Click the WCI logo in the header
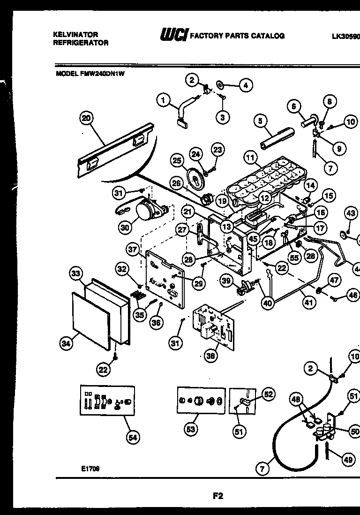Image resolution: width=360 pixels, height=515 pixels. (x=173, y=35)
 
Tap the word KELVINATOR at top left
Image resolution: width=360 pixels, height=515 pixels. (x=75, y=35)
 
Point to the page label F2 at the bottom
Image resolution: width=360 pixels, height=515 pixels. (x=217, y=495)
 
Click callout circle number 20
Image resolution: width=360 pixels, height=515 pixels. (x=86, y=119)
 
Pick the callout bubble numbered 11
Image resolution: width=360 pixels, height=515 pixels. (x=250, y=158)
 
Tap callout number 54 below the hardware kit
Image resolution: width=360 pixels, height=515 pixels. (x=133, y=438)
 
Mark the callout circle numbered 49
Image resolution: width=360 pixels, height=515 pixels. (x=347, y=460)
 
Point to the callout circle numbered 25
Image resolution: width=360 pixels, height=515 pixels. (x=177, y=161)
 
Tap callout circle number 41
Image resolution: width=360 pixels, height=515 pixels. (x=308, y=303)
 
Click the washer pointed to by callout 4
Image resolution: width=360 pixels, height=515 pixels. (x=219, y=85)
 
